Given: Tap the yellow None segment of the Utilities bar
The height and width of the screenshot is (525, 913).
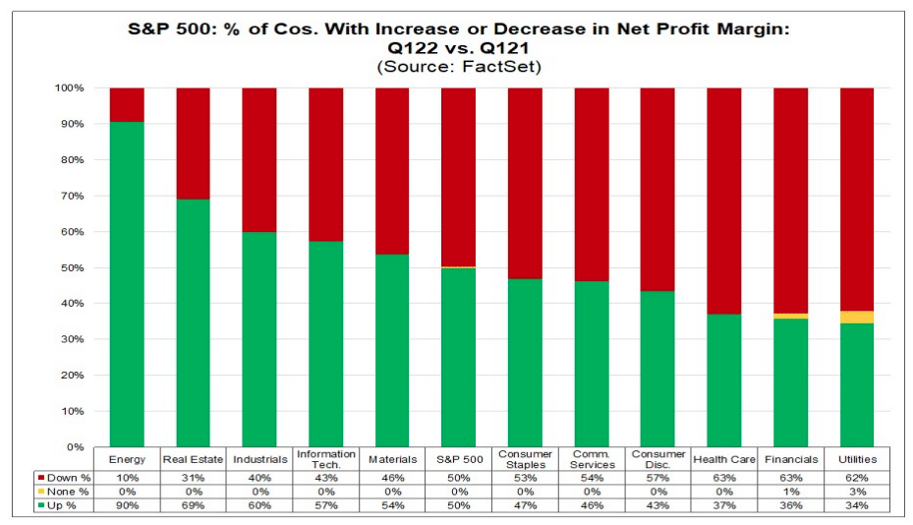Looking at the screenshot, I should (x=856, y=317).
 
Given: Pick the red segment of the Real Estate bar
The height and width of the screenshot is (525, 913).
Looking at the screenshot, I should (x=193, y=144).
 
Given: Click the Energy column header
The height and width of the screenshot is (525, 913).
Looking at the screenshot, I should (x=127, y=459).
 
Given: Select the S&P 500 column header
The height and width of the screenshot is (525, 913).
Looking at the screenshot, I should (x=458, y=459).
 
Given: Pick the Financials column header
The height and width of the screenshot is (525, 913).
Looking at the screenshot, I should (x=790, y=459).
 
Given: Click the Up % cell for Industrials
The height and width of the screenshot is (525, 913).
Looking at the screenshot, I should (x=259, y=504).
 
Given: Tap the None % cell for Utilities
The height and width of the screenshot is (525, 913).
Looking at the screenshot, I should (x=856, y=490).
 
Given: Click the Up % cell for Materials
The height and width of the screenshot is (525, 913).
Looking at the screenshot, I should (x=392, y=504).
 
